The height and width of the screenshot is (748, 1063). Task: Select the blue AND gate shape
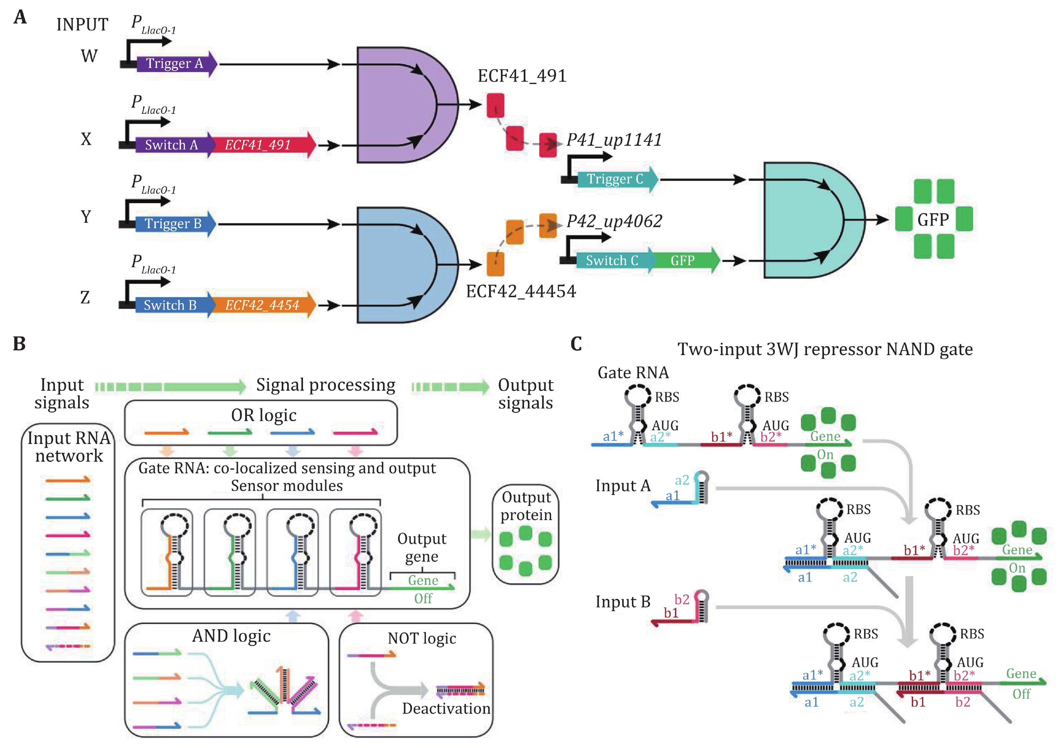click(x=398, y=265)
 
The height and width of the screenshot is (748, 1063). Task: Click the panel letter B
click(x=19, y=344)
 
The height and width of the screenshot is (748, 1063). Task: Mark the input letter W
click(x=89, y=56)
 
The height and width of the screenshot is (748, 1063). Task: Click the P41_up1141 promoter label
click(x=614, y=140)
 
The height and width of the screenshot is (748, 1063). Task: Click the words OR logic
click(x=263, y=415)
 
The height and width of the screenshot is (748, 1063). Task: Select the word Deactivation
click(x=446, y=708)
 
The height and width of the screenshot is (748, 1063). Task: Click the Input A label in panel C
click(x=623, y=486)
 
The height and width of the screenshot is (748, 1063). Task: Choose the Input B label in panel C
click(x=623, y=602)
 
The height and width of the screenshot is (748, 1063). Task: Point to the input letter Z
click(x=85, y=297)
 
